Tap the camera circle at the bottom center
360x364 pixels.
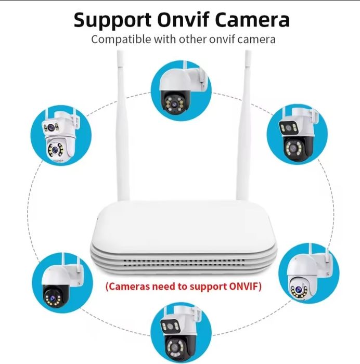180,333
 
